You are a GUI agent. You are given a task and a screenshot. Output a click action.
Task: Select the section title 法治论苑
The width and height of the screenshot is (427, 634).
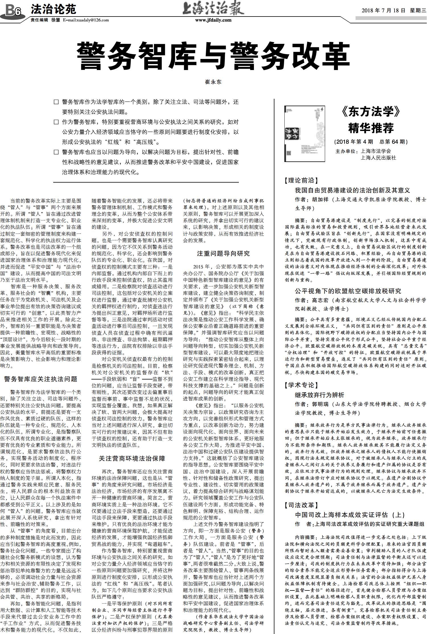[53, 9]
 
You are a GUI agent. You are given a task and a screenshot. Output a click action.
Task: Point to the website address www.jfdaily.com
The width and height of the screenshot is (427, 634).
[213, 20]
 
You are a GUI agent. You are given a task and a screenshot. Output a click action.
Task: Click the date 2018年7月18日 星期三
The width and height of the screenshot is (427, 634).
[394, 11]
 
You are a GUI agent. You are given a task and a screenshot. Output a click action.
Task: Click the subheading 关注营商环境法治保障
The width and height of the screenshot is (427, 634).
[132, 459]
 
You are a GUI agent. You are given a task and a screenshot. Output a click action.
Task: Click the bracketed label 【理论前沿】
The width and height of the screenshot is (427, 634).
[301, 180]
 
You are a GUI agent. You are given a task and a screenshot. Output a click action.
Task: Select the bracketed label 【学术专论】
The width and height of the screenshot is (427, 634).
[301, 385]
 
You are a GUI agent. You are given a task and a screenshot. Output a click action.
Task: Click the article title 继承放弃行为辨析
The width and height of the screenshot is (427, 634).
[320, 395]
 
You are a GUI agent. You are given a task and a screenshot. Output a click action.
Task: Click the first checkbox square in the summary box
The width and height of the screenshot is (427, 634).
[56, 102]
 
